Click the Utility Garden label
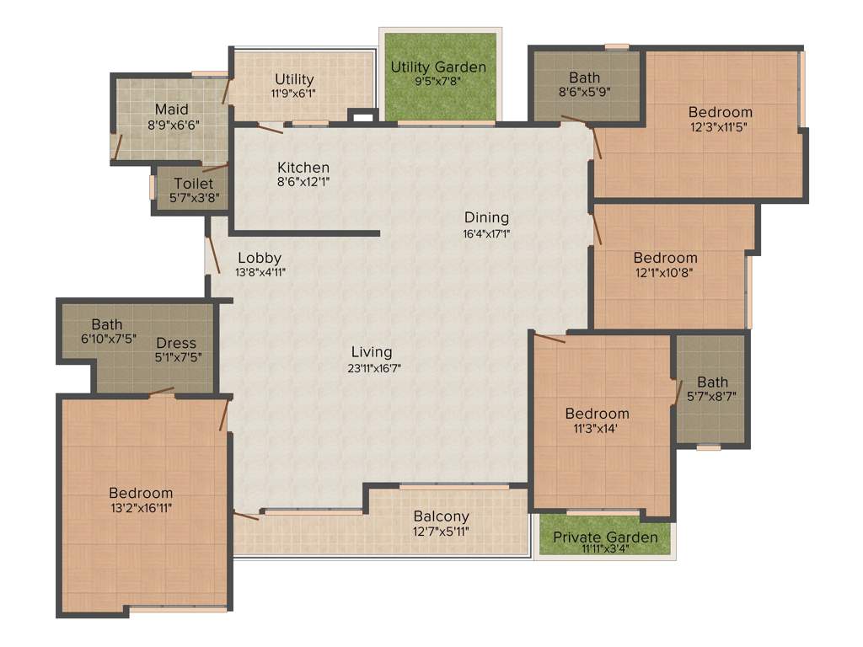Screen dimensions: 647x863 coord(438,67)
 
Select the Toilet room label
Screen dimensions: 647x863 coord(194,183)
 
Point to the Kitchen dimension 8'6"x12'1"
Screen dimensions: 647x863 coord(303,181)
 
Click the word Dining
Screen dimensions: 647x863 coord(486,217)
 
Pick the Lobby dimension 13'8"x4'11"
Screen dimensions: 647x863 coord(259,272)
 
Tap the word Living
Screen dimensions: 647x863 coord(372,352)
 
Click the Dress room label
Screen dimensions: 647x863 coord(176,343)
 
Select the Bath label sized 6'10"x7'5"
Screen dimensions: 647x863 coord(107,324)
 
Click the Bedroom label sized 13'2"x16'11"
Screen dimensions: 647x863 coord(141,493)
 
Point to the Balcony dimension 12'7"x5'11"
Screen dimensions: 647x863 coord(441,531)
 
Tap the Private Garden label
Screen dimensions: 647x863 coord(605,537)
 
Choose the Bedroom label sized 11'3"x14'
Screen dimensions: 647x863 coord(597,414)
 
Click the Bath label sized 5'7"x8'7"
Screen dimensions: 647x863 coord(712,382)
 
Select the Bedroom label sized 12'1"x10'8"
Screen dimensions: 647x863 coord(666,258)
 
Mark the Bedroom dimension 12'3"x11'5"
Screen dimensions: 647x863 coord(720,126)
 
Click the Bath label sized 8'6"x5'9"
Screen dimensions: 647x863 coord(585,78)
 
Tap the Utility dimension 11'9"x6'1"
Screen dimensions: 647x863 coord(293,94)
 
